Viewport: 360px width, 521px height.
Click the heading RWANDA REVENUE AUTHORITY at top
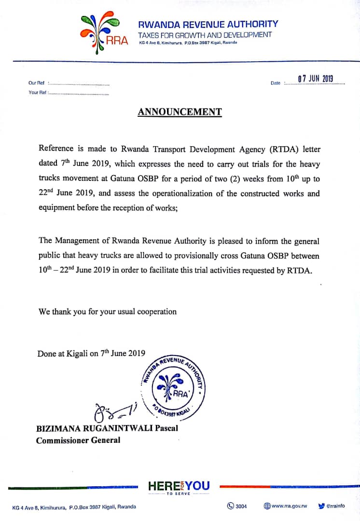(208, 24)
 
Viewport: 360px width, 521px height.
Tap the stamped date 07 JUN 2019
(316, 79)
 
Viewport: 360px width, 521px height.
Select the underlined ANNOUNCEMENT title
(180, 112)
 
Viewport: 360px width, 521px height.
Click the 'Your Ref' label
(37, 93)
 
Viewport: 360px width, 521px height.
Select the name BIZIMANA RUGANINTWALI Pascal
(107, 428)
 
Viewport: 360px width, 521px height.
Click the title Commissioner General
(78, 440)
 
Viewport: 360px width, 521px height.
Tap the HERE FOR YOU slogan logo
(179, 487)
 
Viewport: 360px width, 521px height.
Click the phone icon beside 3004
(231, 506)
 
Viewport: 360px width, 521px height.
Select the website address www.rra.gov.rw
(289, 506)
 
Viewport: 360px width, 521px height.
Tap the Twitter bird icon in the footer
(321, 506)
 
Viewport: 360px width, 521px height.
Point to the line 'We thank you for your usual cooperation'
(108, 312)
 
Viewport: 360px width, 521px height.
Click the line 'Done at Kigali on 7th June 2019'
(91, 353)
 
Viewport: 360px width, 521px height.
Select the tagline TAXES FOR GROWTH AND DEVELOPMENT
(205, 35)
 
